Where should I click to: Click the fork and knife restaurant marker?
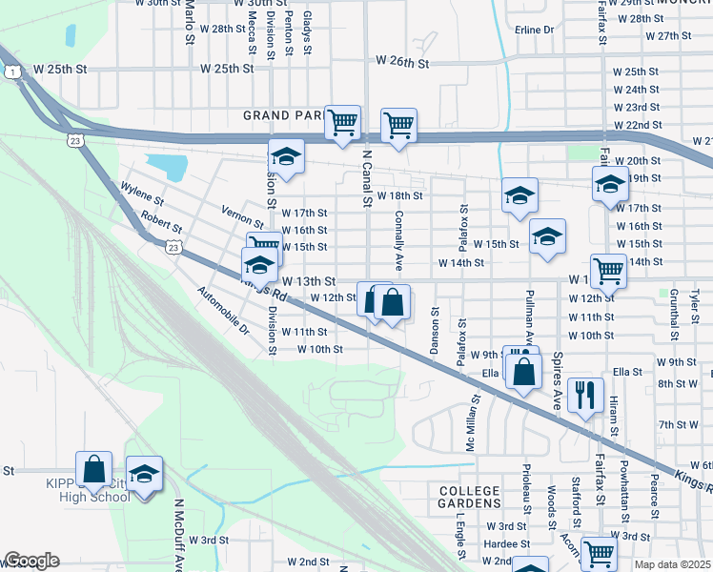[x=585, y=394]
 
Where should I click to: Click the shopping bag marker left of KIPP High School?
[x=94, y=468]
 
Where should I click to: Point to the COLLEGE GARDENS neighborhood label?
[x=470, y=496]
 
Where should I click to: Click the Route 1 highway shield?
[x=12, y=72]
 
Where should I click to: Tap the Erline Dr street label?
[x=534, y=30]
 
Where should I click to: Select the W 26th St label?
[x=403, y=61]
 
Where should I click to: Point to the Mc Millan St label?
[x=470, y=424]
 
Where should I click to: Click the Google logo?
[x=32, y=561]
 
